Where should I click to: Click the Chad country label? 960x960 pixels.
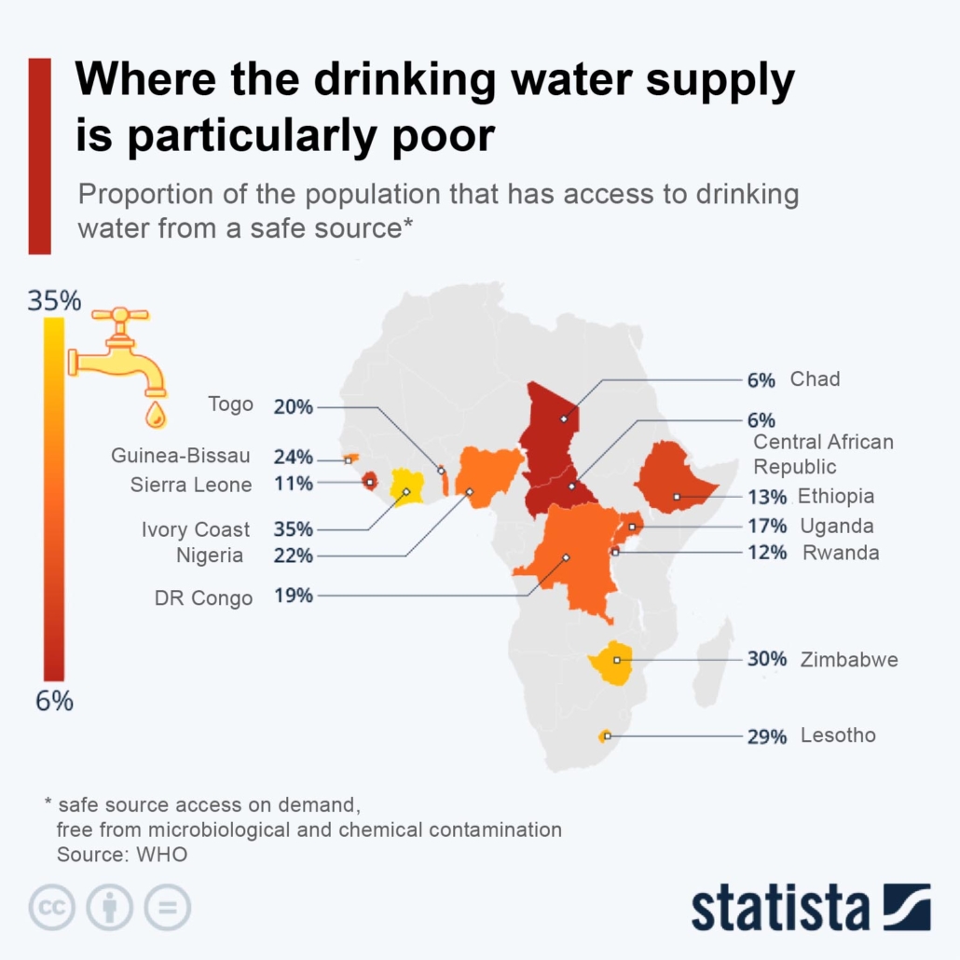pos(815,379)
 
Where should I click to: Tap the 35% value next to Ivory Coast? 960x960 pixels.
pos(294,529)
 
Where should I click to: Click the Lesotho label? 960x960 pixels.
pos(838,735)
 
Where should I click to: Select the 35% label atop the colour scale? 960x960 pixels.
pos(54,301)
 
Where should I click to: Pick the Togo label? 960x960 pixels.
pos(230,405)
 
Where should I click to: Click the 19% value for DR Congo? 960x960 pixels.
pos(294,596)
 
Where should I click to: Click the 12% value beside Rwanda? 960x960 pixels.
pos(767,553)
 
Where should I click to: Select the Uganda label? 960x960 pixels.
pos(836,526)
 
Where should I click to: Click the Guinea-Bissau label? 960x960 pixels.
pos(181,457)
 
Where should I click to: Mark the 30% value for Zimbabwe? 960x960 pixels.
pos(767,660)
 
